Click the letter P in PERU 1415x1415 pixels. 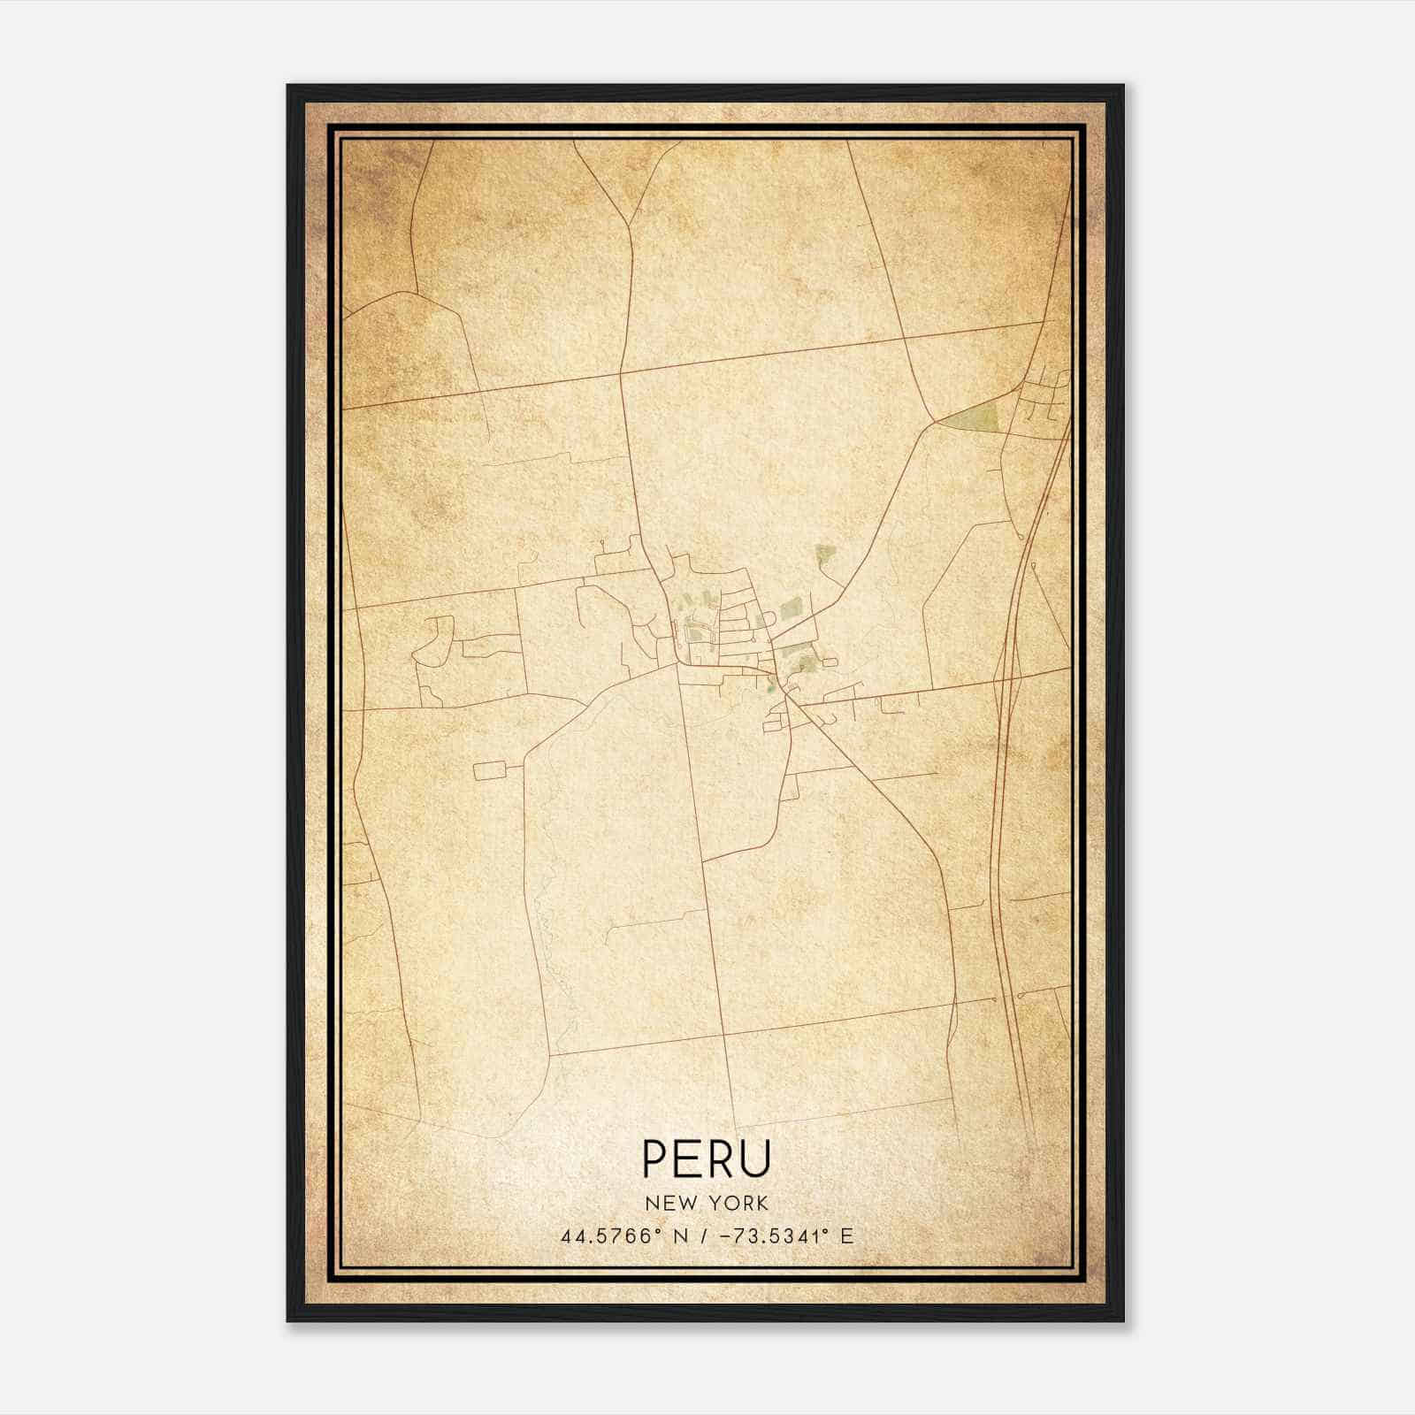pos(656,1158)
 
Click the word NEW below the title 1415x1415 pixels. pos(664,1203)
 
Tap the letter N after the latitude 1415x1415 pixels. pos(681,1235)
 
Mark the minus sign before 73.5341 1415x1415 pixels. pos(726,1235)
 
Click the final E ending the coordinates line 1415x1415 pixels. pos(847,1235)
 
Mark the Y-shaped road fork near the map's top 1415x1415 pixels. pos(629,226)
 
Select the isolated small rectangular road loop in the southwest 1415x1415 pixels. pos(490,770)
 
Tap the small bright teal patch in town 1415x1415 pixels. pos(770,683)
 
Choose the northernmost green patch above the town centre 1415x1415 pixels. pos(824,555)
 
